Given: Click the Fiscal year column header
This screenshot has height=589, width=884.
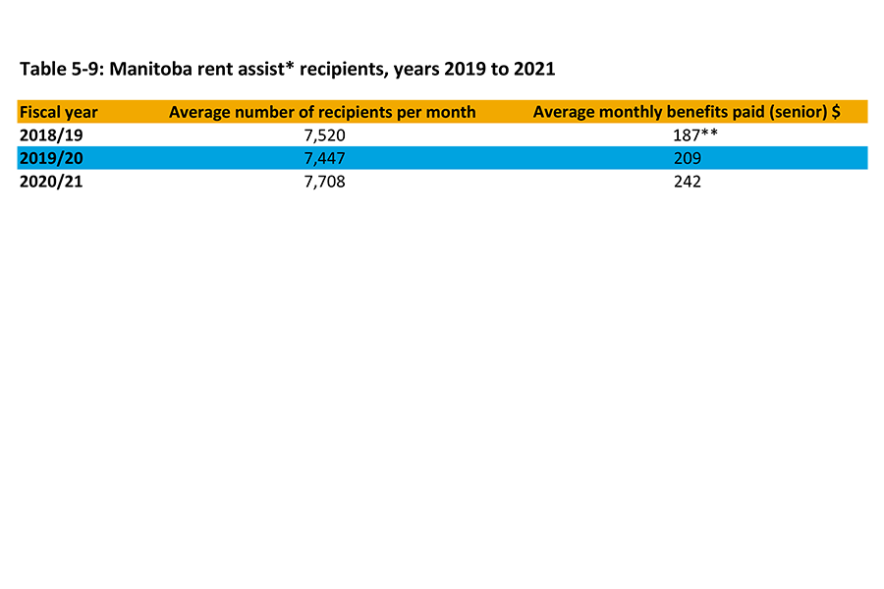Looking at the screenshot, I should (x=58, y=112).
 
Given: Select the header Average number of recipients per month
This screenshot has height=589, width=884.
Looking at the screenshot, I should (x=322, y=112).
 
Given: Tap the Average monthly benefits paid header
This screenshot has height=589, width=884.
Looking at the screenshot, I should (x=686, y=112).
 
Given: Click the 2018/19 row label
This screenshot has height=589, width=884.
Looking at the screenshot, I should (x=51, y=135).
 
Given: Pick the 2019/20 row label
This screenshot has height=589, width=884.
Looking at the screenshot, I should (x=51, y=159).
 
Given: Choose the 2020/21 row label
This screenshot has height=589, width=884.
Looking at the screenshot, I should (x=51, y=182).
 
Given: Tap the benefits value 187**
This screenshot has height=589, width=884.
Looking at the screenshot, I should (x=687, y=135).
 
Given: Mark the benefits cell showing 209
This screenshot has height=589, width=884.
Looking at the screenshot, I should (x=687, y=159).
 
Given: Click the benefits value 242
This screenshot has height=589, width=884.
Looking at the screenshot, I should (x=687, y=182).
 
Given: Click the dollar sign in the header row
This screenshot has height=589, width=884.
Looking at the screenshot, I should (x=836, y=112).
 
